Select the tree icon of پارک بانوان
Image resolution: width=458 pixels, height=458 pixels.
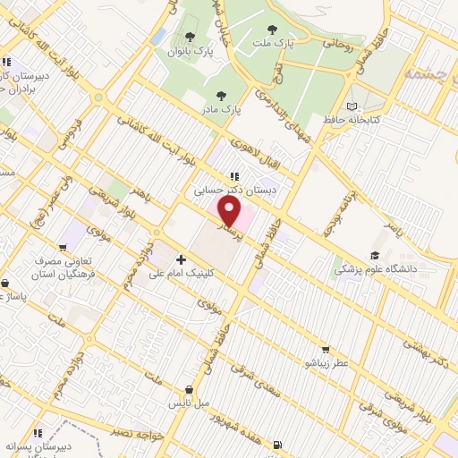click(x=190, y=37)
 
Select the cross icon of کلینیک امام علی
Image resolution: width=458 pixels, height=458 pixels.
click(x=182, y=259)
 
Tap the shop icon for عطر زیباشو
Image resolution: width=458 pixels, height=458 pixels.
click(x=324, y=350)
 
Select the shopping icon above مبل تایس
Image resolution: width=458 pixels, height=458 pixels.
click(x=190, y=390)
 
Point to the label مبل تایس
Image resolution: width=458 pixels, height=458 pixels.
click(x=191, y=403)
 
